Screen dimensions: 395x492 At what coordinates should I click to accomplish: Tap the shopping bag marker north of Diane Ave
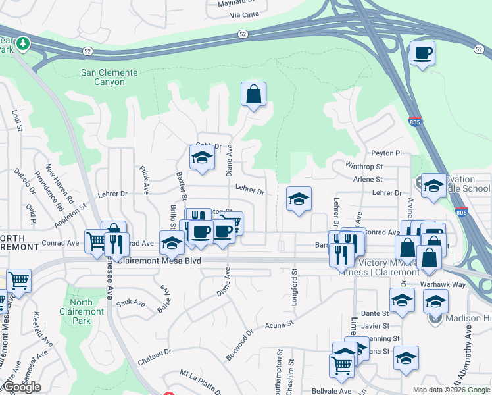click(253, 95)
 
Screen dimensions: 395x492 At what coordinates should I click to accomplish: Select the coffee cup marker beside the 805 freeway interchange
click(422, 53)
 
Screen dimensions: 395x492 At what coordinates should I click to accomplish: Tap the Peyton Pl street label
click(386, 153)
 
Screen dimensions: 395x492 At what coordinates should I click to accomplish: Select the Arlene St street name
click(368, 179)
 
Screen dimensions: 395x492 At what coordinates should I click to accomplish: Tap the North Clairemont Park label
click(81, 311)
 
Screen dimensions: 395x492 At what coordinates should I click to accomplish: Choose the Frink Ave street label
click(144, 177)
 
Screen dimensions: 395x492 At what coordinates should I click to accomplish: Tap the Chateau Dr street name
click(154, 357)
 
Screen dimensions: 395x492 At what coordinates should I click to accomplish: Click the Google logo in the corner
click(21, 387)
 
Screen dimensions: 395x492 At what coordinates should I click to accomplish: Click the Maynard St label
click(236, 2)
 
